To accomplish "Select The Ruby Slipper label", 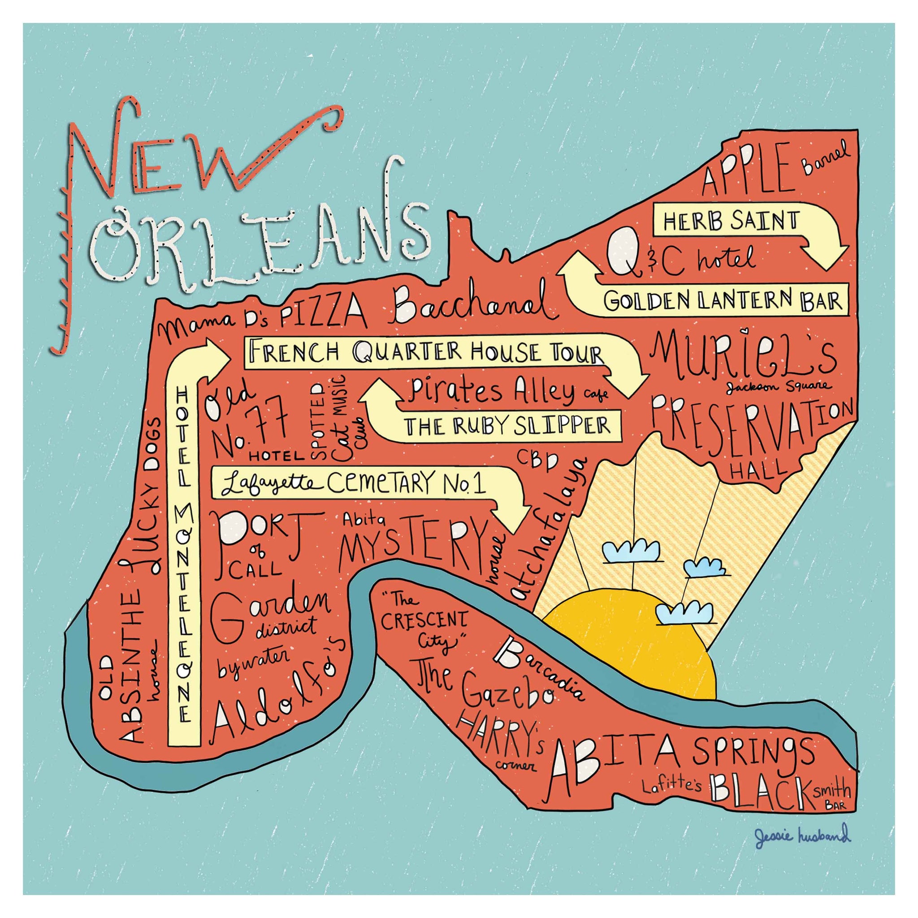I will [507, 426].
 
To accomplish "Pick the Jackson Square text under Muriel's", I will [779, 386].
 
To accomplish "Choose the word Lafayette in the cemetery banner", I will [268, 484].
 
